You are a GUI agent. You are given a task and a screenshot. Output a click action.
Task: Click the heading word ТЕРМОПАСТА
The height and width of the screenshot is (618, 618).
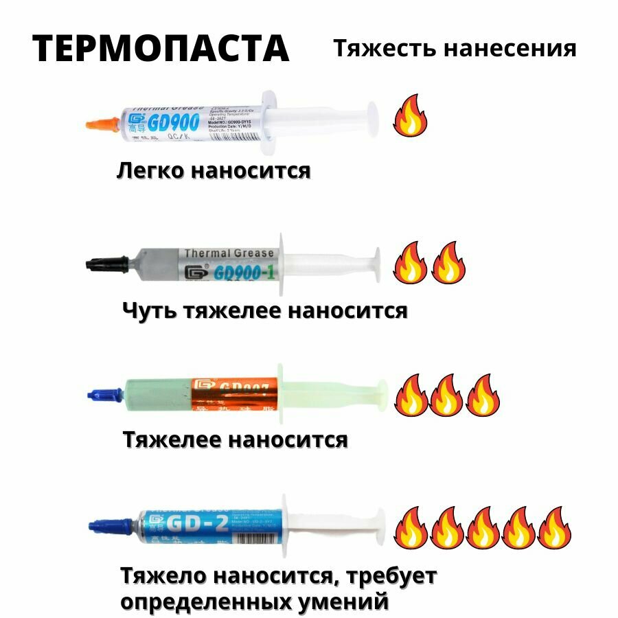(161, 48)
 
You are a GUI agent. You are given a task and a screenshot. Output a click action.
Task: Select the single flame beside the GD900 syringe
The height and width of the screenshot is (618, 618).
(410, 116)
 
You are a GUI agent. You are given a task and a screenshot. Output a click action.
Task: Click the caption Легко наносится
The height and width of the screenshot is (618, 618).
(214, 170)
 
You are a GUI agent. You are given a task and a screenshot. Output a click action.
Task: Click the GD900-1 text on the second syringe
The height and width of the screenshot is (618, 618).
(234, 272)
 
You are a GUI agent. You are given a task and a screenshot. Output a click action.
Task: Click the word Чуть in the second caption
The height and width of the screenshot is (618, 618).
(150, 310)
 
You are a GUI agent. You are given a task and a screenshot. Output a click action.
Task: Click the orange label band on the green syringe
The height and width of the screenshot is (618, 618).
(233, 393)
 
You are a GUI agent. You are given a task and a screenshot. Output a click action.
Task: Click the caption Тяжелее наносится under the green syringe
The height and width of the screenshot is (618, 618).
(235, 439)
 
